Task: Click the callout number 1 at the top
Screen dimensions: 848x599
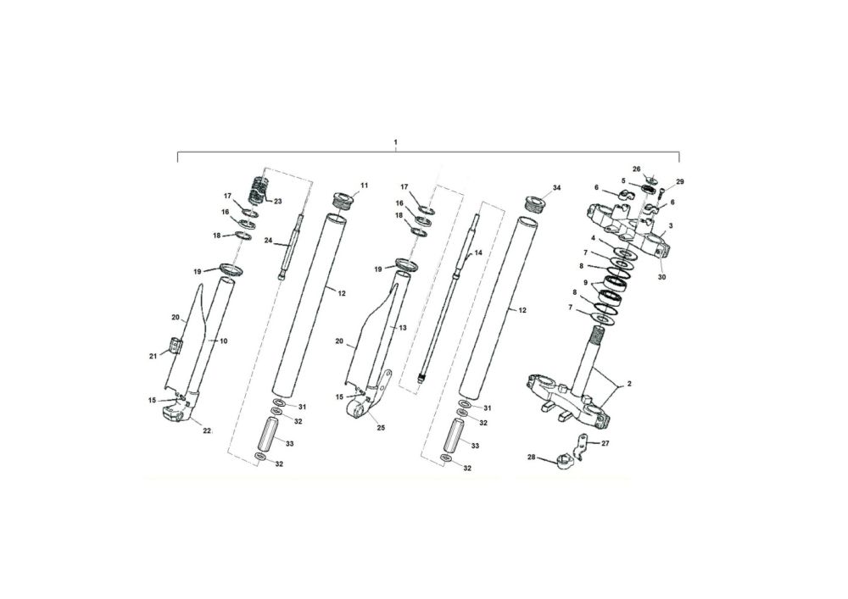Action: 395,142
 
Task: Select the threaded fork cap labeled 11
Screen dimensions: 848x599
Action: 343,199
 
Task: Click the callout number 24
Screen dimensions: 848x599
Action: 268,240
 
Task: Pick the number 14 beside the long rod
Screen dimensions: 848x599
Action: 477,252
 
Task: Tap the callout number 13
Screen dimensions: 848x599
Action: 402,328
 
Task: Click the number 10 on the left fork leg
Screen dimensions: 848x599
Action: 223,341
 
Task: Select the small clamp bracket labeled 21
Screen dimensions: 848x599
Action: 176,345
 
